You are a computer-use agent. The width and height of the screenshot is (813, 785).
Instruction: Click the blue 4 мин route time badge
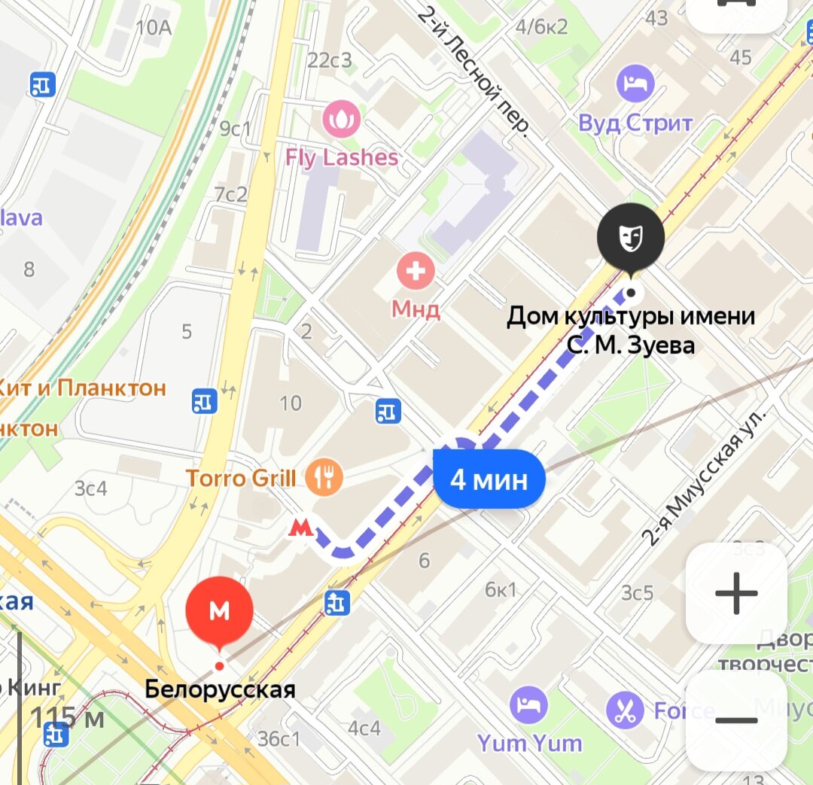pos(489,479)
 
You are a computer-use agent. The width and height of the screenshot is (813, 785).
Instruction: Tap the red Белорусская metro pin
pos(219,611)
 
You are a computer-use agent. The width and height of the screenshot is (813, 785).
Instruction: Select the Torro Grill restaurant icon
pos(324,476)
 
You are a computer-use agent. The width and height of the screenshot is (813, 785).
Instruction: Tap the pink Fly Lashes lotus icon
pos(341,119)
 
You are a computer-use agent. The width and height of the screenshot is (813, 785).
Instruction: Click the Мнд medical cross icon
pos(416,271)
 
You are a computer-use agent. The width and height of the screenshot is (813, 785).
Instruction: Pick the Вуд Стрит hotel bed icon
pos(635,84)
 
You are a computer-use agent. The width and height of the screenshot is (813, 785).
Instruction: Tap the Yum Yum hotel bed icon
pos(529,705)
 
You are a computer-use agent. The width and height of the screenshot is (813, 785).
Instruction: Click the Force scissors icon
pos(625,710)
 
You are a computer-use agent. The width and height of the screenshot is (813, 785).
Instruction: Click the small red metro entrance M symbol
pos(301,527)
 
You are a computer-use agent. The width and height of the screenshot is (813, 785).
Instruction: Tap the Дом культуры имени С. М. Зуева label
pos(630,330)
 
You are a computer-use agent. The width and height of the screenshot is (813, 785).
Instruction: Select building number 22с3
pos(330,60)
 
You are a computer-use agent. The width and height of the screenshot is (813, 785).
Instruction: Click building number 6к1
pos(501,589)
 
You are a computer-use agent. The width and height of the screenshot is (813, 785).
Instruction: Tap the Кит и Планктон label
pos(81,388)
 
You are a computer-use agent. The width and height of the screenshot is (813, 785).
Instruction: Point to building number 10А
pos(154,28)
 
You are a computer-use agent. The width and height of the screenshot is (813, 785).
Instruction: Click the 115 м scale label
pos(67,717)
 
